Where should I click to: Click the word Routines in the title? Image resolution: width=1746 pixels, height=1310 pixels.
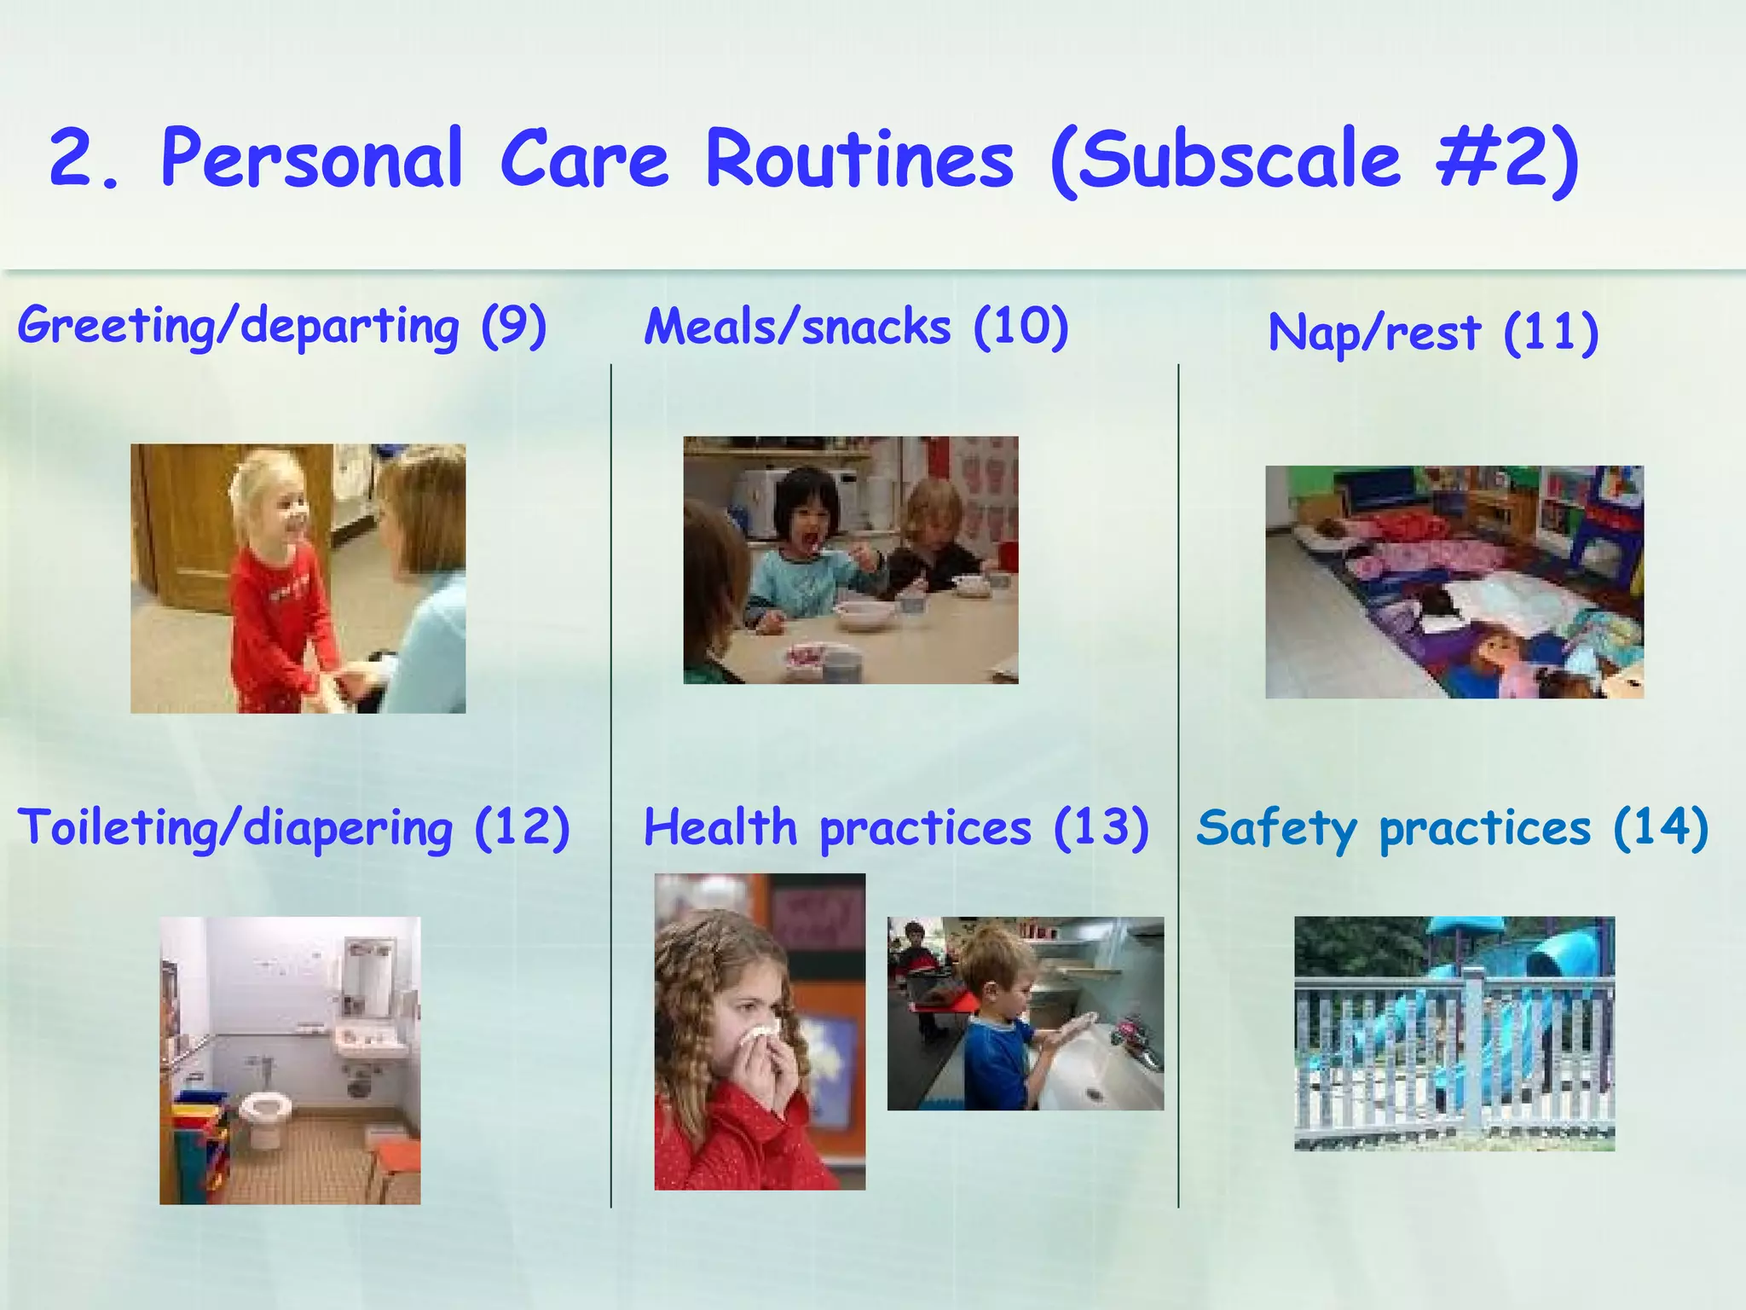(859, 159)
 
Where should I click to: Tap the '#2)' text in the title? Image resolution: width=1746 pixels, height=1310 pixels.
(1507, 159)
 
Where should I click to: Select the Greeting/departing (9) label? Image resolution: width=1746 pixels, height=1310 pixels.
(281, 327)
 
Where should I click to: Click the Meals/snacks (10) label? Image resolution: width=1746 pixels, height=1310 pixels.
(856, 327)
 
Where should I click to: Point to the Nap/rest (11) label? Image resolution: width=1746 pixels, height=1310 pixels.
(1432, 333)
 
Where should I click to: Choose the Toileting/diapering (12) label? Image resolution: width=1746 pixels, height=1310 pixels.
(293, 828)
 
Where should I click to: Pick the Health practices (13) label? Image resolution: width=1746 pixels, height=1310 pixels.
(895, 828)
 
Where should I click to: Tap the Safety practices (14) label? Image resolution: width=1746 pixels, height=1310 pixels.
(1452, 828)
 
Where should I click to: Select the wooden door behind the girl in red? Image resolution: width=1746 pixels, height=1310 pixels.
(183, 529)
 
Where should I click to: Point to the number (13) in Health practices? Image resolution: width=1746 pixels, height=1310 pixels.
(1101, 828)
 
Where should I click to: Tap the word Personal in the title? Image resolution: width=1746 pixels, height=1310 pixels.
(312, 159)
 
